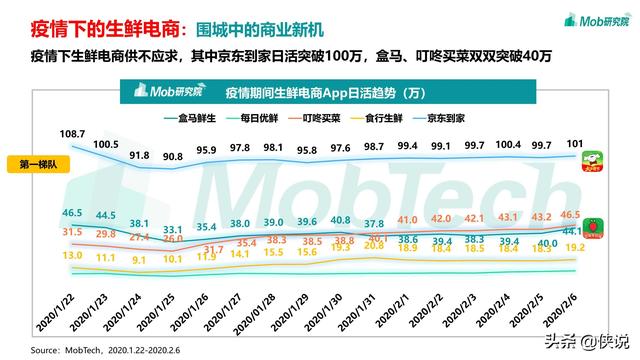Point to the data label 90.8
(x=173, y=157)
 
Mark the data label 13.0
(x=72, y=255)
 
